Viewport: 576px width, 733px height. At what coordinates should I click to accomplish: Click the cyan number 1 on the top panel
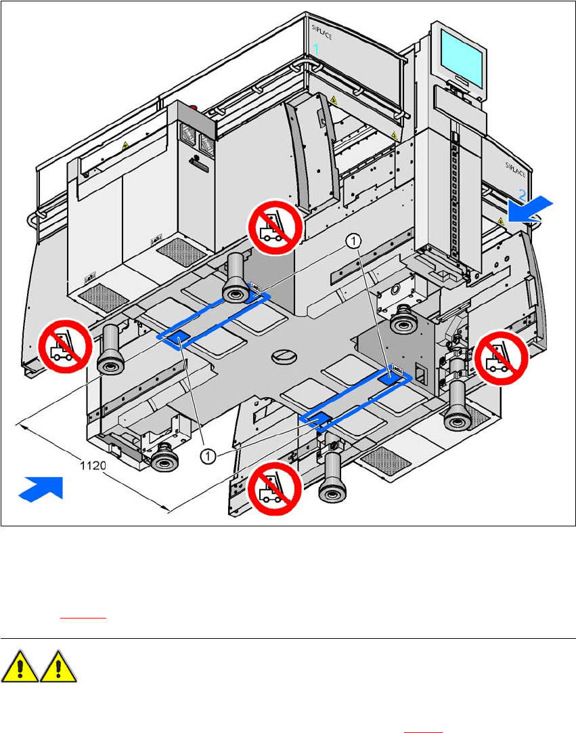click(316, 49)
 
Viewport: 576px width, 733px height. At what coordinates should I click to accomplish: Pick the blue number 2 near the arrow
click(523, 194)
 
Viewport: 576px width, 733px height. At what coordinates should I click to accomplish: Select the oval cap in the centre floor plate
click(284, 356)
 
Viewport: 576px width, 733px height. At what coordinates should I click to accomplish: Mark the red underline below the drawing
click(84, 618)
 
